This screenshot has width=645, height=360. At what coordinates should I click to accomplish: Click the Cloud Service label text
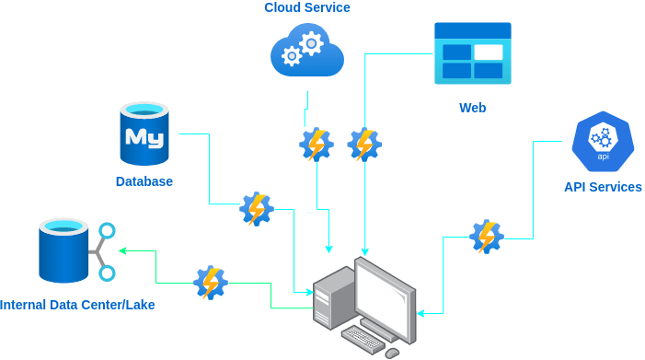(307, 7)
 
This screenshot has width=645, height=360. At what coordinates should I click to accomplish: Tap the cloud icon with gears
(307, 51)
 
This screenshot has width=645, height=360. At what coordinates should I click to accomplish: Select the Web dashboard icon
(473, 53)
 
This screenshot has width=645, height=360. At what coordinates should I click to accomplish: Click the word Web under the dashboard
(472, 108)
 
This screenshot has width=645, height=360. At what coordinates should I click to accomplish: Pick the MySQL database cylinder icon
(144, 134)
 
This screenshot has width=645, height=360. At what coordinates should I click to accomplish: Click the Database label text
(144, 181)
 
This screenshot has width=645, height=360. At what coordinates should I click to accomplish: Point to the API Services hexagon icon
(603, 142)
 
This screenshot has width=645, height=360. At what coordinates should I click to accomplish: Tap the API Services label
(603, 187)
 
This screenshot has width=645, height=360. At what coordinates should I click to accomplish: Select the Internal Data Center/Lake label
(77, 305)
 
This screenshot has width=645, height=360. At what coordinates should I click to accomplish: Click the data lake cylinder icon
(77, 251)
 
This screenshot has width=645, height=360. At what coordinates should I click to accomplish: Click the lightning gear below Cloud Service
(317, 145)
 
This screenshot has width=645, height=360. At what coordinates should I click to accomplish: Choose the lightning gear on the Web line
(364, 145)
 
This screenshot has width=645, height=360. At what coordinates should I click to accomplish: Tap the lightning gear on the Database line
(257, 209)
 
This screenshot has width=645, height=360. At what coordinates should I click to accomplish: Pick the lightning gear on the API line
(487, 237)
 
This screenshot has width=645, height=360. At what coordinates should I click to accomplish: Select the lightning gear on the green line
(211, 283)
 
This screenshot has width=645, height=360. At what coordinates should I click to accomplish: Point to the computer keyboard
(363, 339)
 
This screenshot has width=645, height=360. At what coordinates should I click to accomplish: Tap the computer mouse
(392, 353)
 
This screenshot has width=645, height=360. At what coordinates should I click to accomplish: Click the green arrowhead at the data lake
(122, 250)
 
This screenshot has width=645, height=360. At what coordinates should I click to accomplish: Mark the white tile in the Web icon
(489, 52)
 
